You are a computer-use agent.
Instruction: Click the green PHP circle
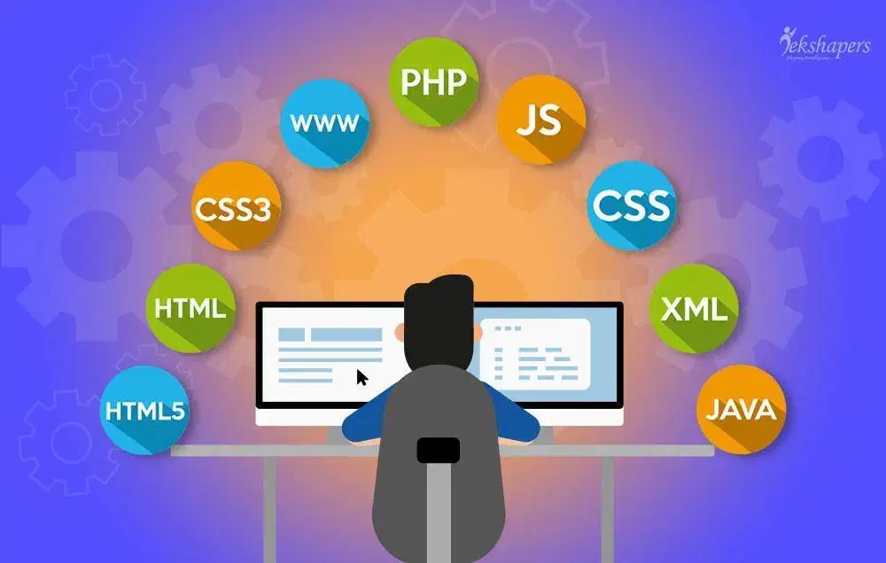pos(434,81)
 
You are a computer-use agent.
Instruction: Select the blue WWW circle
pos(323,123)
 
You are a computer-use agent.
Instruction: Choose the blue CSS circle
pos(632,205)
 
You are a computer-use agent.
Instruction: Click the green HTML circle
pos(190,308)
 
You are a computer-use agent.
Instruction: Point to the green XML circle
pos(694,308)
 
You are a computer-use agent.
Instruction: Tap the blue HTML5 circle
pos(144,411)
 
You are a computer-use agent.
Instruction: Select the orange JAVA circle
pos(741,409)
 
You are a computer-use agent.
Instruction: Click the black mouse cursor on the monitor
pos(362,378)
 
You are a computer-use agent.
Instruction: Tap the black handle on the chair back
pos(439,449)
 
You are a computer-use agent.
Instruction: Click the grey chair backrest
pos(439,496)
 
